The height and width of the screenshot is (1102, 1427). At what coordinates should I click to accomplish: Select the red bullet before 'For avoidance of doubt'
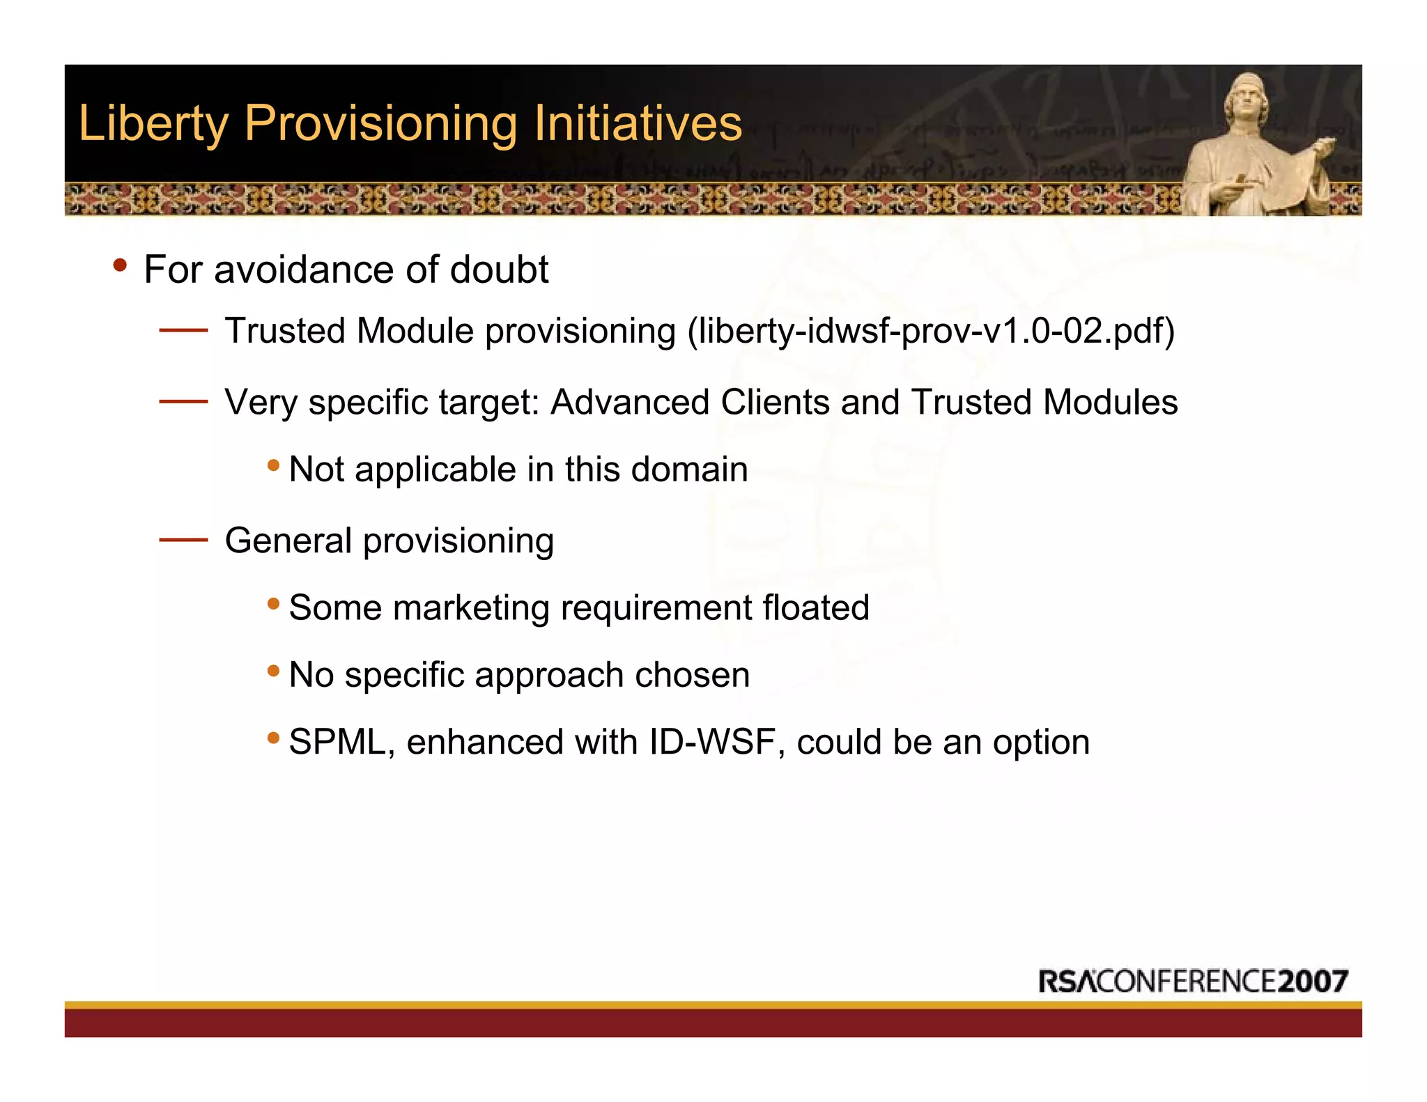[120, 265]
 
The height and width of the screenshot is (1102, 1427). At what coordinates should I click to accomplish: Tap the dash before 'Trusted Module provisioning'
[183, 331]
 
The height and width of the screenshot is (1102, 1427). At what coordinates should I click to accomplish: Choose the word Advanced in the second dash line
[630, 402]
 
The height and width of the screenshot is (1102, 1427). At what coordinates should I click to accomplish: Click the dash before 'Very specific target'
[183, 402]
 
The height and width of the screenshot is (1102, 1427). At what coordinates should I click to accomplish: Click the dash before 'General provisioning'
[183, 540]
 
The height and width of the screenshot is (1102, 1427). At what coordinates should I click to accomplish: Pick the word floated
[815, 607]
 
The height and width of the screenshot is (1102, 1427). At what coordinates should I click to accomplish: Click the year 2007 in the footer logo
[1313, 981]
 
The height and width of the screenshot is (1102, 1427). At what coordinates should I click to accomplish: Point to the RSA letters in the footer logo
[1067, 981]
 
